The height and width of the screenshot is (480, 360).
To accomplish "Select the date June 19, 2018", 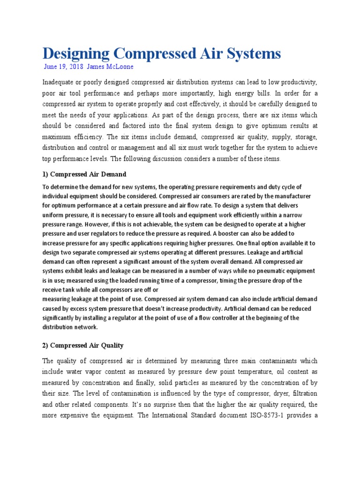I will (x=63, y=67).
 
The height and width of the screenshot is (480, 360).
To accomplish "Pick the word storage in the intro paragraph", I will (x=304, y=137).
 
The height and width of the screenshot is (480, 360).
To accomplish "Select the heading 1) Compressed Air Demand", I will (x=84, y=174).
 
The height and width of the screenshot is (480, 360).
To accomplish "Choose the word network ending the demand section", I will (x=85, y=327).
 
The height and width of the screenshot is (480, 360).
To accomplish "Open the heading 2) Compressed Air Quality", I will (x=83, y=345).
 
